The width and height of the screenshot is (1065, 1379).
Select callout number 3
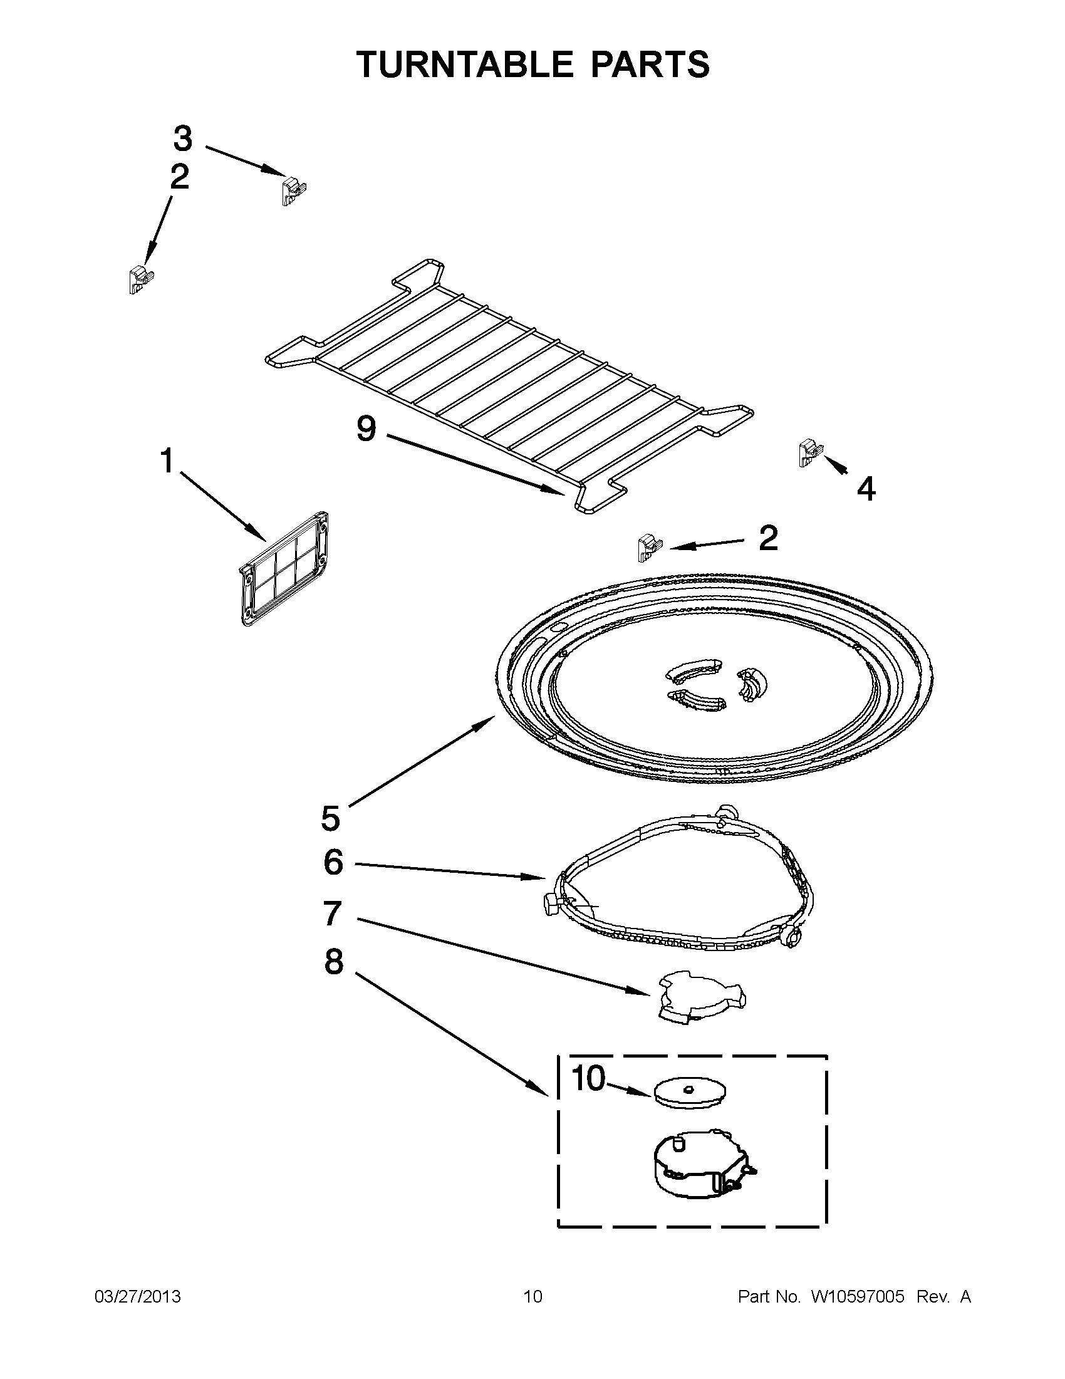(x=182, y=138)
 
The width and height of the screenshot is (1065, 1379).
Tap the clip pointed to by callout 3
(x=291, y=190)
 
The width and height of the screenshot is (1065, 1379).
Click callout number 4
(x=866, y=488)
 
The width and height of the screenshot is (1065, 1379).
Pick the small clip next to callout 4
(x=809, y=453)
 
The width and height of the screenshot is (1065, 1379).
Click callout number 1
(x=167, y=461)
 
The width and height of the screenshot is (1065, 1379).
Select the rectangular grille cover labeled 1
(x=284, y=568)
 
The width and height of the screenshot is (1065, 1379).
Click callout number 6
(x=333, y=862)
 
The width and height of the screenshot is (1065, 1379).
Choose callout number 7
(x=332, y=913)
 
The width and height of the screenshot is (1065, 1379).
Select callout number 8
(x=333, y=962)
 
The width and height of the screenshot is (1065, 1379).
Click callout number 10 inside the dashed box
(x=588, y=1078)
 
